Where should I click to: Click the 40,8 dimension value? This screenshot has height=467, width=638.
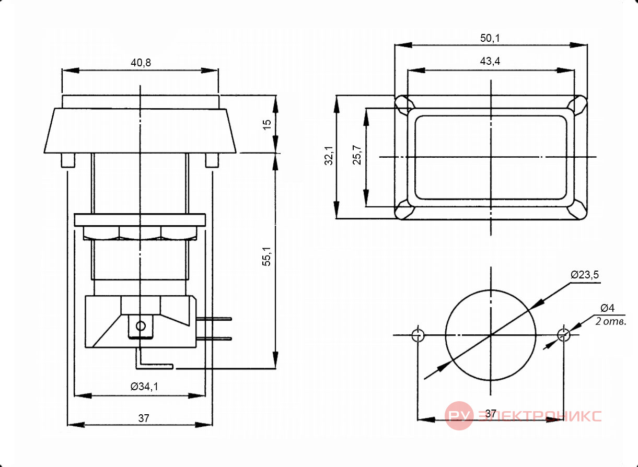coord(141,63)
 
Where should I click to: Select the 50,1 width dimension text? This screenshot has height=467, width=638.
coord(490,38)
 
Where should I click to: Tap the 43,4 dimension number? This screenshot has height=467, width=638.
coord(490,61)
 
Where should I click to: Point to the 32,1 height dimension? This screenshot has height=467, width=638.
coord(329,156)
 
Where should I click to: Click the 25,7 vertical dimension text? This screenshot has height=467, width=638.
coord(356,155)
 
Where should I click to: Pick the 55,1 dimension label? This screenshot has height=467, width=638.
coord(266,256)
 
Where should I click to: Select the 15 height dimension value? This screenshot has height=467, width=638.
coord(267,125)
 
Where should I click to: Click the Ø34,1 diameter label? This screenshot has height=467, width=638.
coord(144,387)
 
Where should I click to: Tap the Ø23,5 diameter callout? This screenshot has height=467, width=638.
coord(585,275)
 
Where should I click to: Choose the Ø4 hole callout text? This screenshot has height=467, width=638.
coord(608,308)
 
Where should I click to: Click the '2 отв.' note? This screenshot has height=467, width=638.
coord(611,321)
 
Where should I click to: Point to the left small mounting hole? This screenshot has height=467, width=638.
coord(418,335)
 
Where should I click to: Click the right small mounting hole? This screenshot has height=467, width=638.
coord(564,335)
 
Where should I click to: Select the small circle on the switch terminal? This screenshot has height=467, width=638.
coord(141,326)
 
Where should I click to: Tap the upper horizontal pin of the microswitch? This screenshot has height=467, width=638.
coord(214,319)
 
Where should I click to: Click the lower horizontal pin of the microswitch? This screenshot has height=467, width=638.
coord(214,338)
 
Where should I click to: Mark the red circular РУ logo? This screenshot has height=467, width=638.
coord(459,416)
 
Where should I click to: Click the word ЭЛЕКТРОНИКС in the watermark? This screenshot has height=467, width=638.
coord(540,416)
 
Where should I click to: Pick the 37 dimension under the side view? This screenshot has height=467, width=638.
coord(144,418)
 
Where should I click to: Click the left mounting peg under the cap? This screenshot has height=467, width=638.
coord(68,160)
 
